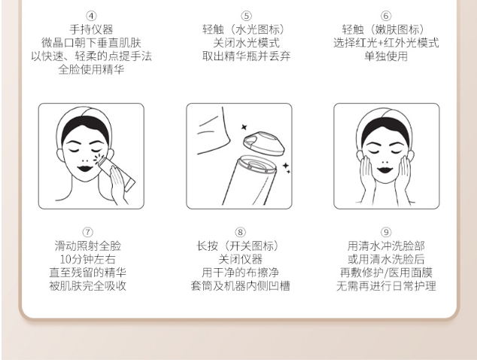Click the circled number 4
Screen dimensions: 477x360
pos(91,16)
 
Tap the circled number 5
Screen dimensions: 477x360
pos(247,16)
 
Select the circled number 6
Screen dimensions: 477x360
pos(386,16)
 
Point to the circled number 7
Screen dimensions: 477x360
pos(87,233)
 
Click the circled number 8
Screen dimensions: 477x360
pos(240,233)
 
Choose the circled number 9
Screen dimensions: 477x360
pos(386,233)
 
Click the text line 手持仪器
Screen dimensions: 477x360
pos(91,29)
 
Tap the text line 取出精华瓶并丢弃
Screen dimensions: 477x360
pos(247,56)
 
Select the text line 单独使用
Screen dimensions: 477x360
pos(386,56)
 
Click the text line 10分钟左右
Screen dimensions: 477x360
pos(87,259)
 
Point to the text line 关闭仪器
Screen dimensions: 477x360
pos(240,259)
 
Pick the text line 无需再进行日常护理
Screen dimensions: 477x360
pos(387,285)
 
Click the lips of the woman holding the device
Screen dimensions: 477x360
pos(85,169)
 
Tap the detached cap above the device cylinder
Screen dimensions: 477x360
pos(264,143)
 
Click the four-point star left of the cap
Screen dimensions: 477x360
pos(244,127)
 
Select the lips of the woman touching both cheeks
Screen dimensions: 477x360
pos(385,169)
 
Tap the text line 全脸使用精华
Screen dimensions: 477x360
pos(91,69)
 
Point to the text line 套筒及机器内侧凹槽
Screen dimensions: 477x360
pos(240,285)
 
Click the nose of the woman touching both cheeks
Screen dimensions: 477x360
pos(384,161)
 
